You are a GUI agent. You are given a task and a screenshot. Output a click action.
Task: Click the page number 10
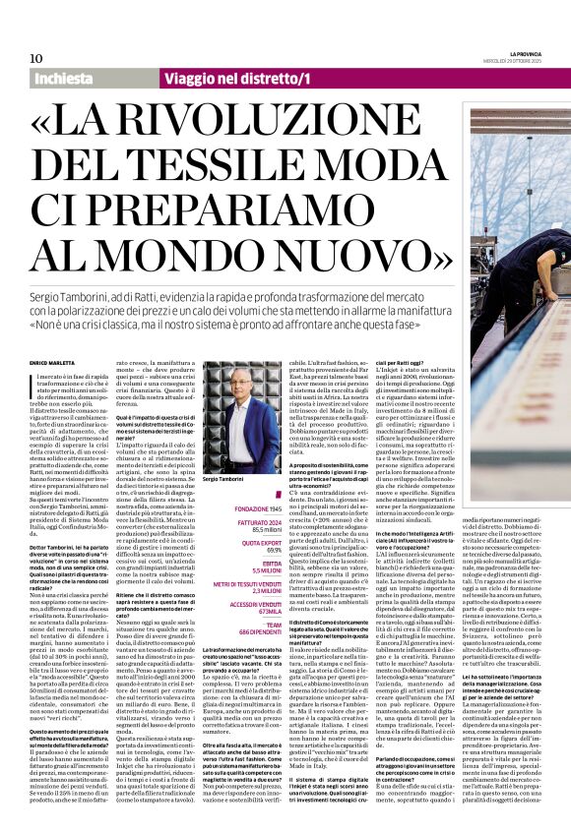(36, 58)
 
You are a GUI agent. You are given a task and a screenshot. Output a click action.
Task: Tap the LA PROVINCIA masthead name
(510, 52)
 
